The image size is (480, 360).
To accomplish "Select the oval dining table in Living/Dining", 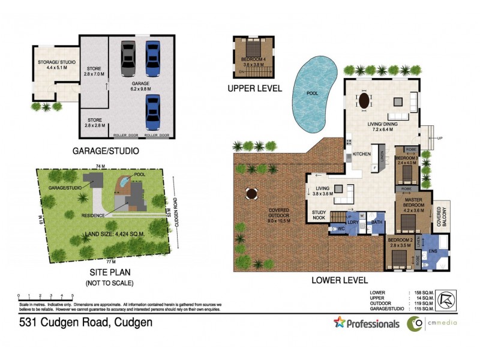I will (364, 100).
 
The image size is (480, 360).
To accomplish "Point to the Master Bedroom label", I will (413, 203).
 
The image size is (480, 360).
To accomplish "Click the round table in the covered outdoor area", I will (251, 194).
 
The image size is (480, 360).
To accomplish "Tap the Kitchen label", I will (362, 154).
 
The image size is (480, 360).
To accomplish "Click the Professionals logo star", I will (340, 323).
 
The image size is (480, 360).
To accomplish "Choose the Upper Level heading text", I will (254, 88).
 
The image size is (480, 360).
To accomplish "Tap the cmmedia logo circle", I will (415, 324).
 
